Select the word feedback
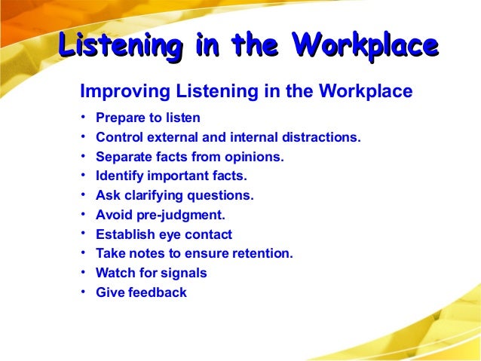157,292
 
